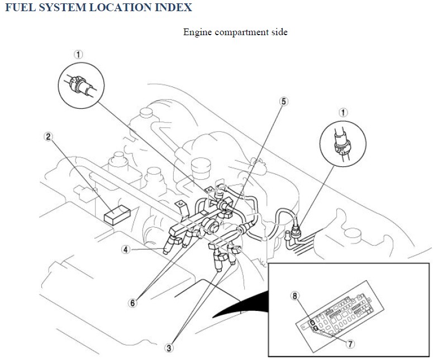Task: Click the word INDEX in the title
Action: [173, 7]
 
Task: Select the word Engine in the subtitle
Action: [197, 32]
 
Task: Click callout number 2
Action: [49, 137]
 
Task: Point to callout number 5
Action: [284, 102]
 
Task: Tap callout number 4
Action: [126, 249]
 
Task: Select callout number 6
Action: [132, 303]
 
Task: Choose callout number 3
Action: [169, 348]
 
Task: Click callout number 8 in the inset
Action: [295, 296]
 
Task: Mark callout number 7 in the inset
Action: [350, 344]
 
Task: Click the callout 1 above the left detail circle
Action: [78, 54]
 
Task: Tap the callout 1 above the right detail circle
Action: [343, 113]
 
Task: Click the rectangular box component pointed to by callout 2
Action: [117, 214]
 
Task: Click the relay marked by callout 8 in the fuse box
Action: [312, 323]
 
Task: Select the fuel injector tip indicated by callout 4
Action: [166, 251]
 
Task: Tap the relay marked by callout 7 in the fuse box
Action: [315, 328]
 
